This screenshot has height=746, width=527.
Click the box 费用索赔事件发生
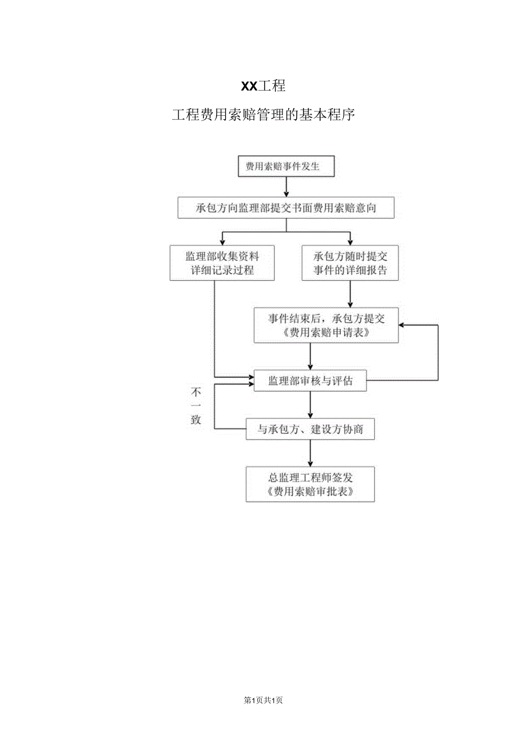(286, 167)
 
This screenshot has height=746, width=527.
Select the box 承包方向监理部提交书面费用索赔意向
(286, 208)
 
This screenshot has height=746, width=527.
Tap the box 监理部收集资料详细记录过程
(222, 263)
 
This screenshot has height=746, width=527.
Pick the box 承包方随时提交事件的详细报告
(350, 263)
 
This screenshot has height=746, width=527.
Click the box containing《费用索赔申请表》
(326, 326)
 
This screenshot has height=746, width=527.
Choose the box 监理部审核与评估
(310, 381)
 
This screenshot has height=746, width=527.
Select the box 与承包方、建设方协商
(310, 429)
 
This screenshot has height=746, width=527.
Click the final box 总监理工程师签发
(310, 484)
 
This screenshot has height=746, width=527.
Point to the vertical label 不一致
(196, 405)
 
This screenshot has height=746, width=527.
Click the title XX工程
(263, 87)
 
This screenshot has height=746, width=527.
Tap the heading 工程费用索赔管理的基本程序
(263, 115)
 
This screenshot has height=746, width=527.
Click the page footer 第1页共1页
(263, 700)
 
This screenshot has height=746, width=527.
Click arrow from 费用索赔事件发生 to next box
(286, 187)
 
